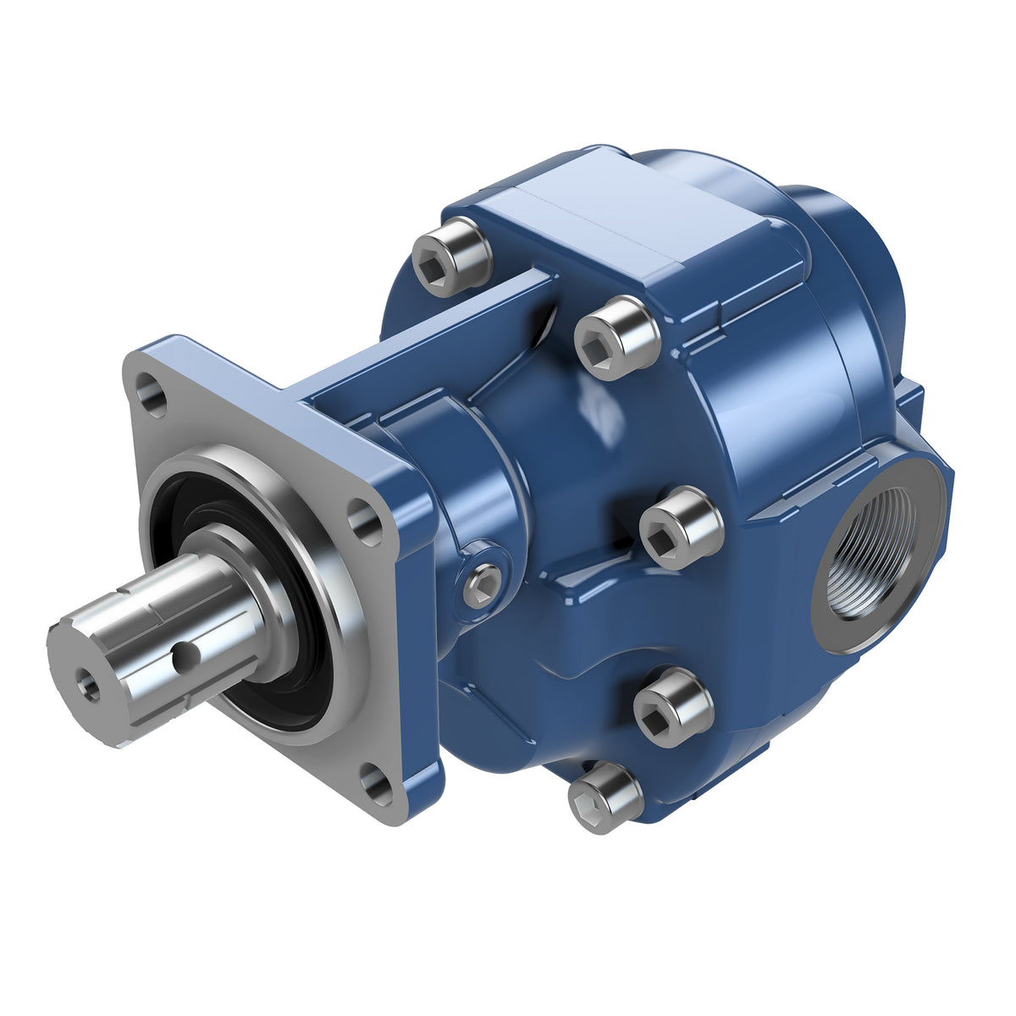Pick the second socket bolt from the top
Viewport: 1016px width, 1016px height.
616,337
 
